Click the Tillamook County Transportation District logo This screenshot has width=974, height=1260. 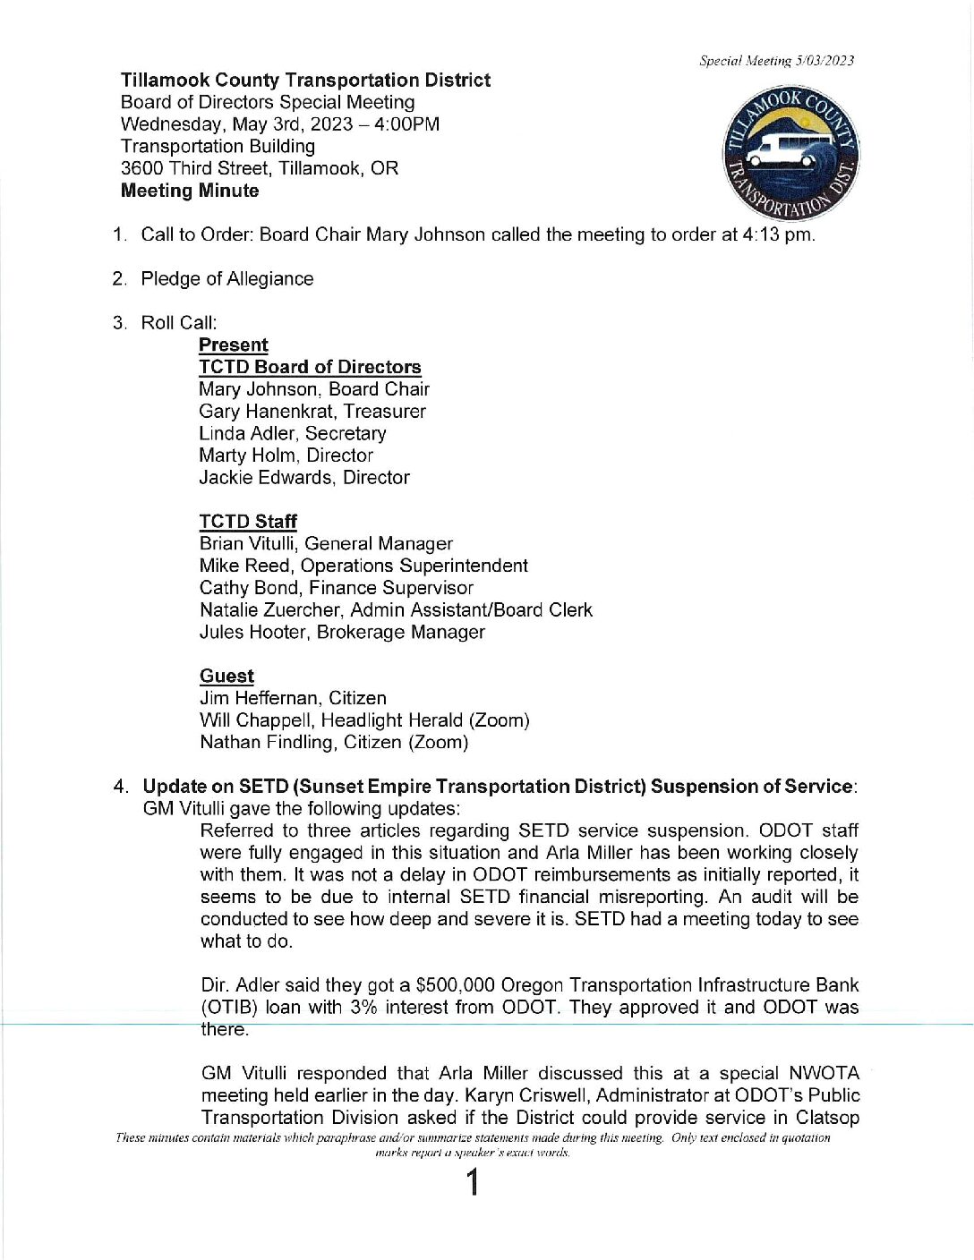(790, 153)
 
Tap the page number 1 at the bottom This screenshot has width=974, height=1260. (473, 1183)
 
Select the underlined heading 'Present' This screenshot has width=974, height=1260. (233, 345)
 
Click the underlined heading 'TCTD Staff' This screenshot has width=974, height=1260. (248, 522)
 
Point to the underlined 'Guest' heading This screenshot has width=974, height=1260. (226, 677)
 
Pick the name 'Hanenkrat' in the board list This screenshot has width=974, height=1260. (287, 412)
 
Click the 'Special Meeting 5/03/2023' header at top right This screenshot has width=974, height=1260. (776, 61)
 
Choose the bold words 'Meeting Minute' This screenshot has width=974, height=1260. (190, 191)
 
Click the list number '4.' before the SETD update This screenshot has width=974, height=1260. (121, 787)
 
